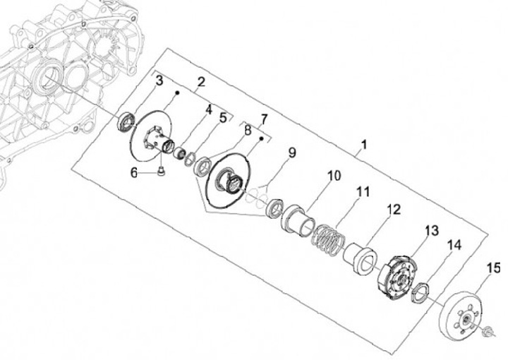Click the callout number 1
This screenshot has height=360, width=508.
click(363, 146)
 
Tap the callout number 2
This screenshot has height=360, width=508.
click(201, 83)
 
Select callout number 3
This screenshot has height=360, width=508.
click(159, 82)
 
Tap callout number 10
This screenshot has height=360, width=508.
click(334, 174)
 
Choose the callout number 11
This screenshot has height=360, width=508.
click(362, 191)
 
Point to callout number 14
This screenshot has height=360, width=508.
click(454, 245)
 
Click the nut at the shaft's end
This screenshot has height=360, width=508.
click(487, 332)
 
